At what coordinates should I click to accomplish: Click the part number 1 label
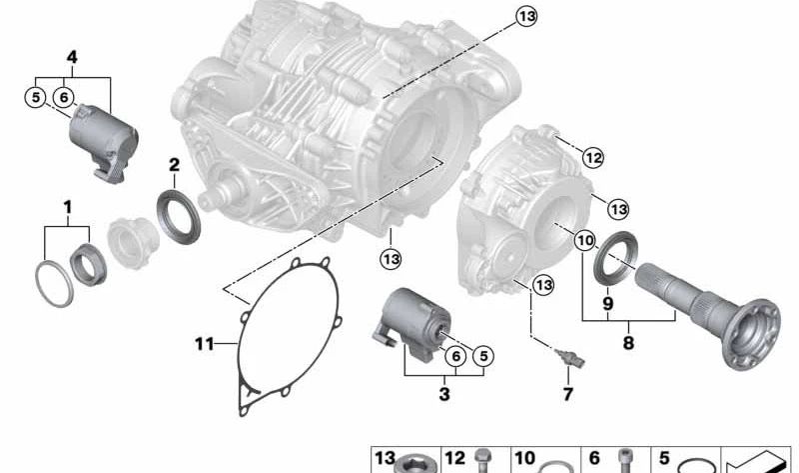coord(68,207)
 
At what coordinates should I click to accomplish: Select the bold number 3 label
coord(444,395)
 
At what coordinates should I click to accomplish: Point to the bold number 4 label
coord(72,56)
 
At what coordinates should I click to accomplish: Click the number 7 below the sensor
coord(567,394)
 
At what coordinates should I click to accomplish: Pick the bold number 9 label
coord(607,303)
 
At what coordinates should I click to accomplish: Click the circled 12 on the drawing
coord(593,157)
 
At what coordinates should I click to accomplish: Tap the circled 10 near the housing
coord(584,240)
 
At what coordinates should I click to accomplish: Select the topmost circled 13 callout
coord(526,16)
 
